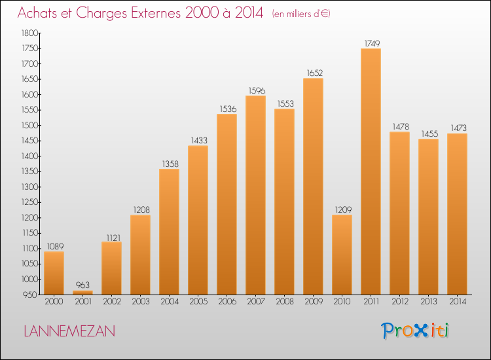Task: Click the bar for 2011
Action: pos(371,171)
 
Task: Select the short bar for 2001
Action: pos(82,293)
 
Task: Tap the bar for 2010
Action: pos(342,255)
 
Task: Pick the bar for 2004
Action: pos(169,232)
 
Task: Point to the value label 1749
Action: pos(372,43)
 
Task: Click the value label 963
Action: pos(82,285)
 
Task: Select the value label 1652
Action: pos(315,73)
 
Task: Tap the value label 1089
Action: pos(56,247)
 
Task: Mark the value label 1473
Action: pos(459,128)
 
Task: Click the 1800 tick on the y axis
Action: pos(29,33)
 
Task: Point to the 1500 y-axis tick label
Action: pos(29,126)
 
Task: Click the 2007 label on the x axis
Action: pos(256,302)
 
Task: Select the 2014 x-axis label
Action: pos(458,302)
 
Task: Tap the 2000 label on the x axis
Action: pos(54,302)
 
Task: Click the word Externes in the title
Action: pos(156,13)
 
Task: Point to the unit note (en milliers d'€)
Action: pos(301,14)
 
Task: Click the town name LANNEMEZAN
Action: pos(69,331)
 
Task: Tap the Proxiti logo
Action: pos(415,331)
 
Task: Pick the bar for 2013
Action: pos(428,217)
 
